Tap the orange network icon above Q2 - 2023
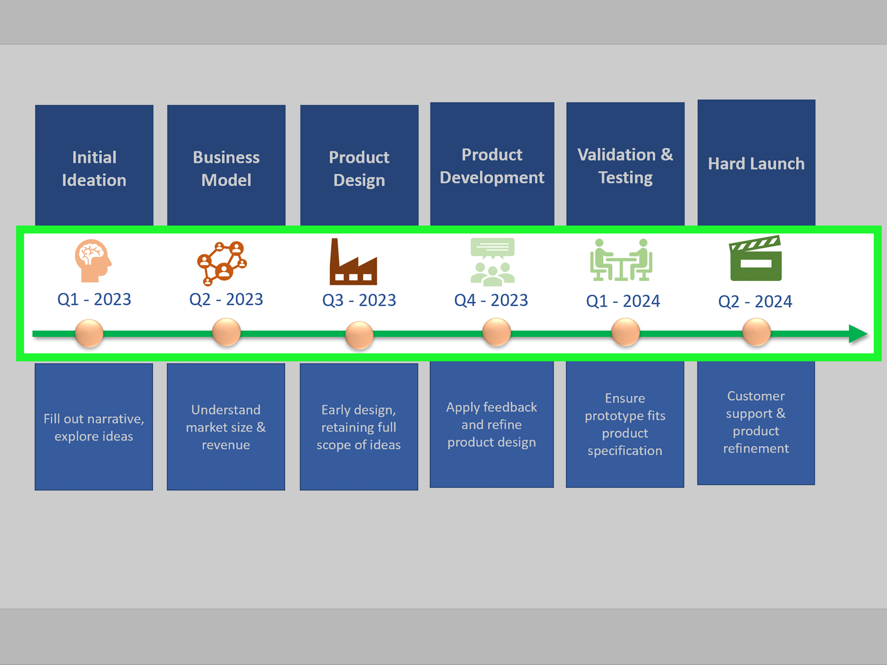point(222,263)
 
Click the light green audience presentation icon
point(492,262)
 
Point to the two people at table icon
point(621,260)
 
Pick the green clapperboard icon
point(755,258)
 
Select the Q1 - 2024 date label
point(623,301)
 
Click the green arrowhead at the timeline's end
point(858,334)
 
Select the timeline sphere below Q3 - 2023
point(359,335)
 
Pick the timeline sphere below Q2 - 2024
point(756,332)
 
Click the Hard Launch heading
point(756,163)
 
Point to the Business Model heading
point(226,169)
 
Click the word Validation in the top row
point(617,155)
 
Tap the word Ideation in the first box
point(94,180)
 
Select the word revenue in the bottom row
point(226,445)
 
